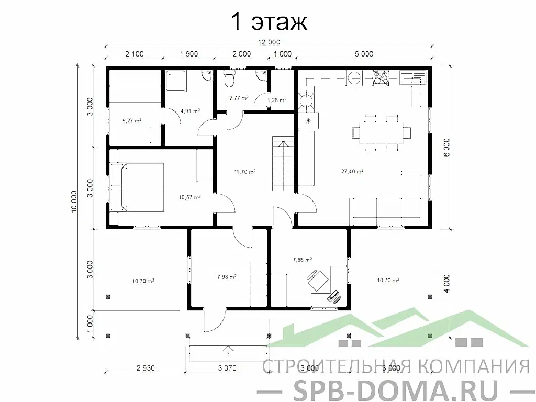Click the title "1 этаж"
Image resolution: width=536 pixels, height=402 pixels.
click(x=268, y=23)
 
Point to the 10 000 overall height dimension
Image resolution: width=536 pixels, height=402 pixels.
click(x=74, y=200)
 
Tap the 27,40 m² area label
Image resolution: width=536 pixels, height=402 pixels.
click(x=352, y=171)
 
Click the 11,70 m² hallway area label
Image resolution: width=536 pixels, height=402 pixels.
click(x=244, y=171)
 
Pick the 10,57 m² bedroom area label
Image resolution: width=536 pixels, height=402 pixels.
click(x=189, y=197)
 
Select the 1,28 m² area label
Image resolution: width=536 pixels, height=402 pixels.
click(x=277, y=99)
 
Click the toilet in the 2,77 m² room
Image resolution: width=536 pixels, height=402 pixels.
click(x=229, y=80)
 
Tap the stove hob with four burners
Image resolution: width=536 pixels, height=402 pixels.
click(x=380, y=78)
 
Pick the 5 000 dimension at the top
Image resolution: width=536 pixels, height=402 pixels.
click(x=364, y=54)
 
